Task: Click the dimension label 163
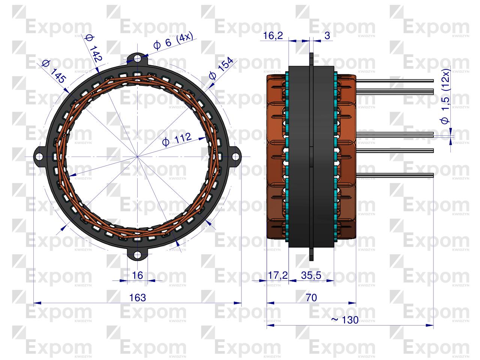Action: click(x=137, y=298)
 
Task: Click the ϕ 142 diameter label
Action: click(x=94, y=48)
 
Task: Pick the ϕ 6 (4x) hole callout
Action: click(x=173, y=42)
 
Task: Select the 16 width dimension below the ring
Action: click(x=138, y=275)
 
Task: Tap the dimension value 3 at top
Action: click(x=327, y=36)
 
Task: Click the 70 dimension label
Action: click(x=311, y=298)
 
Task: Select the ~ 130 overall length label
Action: click(x=345, y=320)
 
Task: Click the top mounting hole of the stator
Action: click(x=138, y=58)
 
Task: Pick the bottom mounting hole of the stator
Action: click(x=138, y=256)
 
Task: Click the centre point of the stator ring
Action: click(x=138, y=156)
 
